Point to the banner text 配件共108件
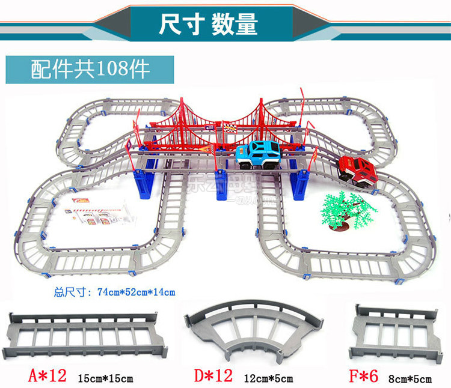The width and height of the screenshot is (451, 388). coord(90,70)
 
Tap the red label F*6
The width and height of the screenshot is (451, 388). coord(364,377)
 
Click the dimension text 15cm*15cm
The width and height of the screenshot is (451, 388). coord(106,378)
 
